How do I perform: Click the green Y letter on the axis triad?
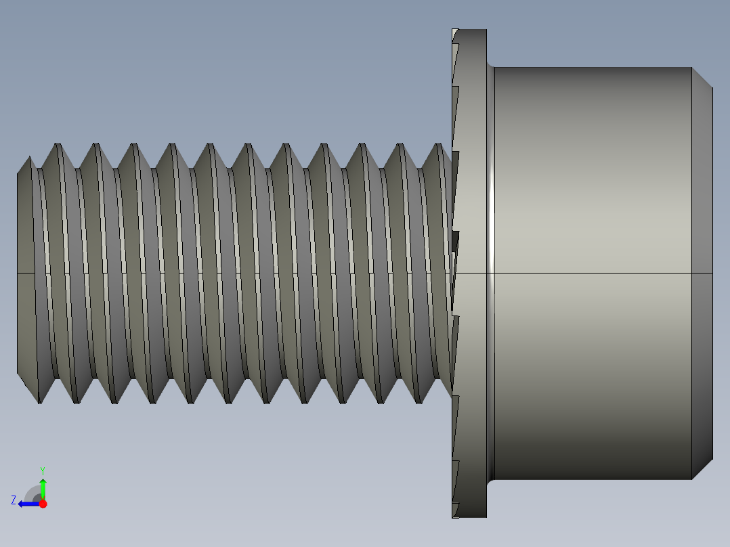point(42,470)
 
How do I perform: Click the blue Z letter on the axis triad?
point(14,500)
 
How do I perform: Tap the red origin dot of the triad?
point(43,504)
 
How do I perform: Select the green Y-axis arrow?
point(43,488)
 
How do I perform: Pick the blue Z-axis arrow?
point(27,504)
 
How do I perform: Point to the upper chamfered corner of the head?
point(702,77)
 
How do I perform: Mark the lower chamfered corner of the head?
point(702,469)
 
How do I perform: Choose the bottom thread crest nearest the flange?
point(419,402)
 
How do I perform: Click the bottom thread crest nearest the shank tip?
point(40,402)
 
